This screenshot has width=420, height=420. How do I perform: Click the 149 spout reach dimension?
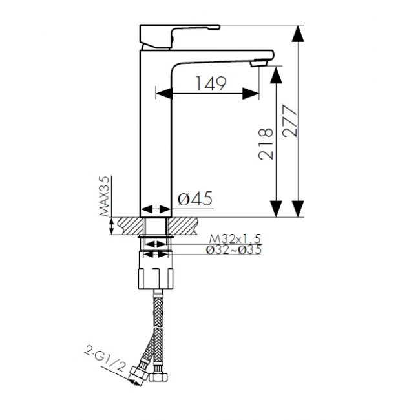(x=211, y=83)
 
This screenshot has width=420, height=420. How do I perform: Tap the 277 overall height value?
(x=291, y=121)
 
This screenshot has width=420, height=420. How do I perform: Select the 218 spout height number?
(x=266, y=144)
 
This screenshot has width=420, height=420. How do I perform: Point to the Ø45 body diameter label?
(x=195, y=198)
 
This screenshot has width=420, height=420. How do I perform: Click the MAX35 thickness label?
(x=105, y=196)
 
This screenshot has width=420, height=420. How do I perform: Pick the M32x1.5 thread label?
(x=235, y=238)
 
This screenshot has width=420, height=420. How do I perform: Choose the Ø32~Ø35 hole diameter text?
(x=233, y=250)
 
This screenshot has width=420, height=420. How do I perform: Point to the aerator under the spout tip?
(x=258, y=63)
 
